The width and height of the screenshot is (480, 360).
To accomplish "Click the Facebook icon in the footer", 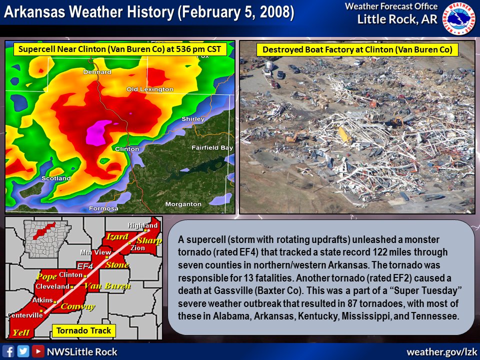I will pyautogui.click(x=8, y=351).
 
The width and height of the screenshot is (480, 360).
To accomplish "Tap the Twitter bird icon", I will pyautogui.click(x=23, y=351).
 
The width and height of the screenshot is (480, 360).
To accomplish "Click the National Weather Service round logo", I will pyautogui.click(x=460, y=18).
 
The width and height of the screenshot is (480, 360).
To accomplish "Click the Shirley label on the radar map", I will pyautogui.click(x=193, y=119).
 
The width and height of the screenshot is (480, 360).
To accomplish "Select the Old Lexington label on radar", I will pyautogui.click(x=149, y=89).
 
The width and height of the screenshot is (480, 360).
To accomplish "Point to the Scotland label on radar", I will pyautogui.click(x=56, y=178).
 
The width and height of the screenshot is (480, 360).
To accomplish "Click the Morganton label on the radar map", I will pyautogui.click(x=183, y=204).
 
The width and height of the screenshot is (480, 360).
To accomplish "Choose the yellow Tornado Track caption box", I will pyautogui.click(x=83, y=330).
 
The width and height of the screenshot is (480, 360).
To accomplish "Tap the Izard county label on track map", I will pyautogui.click(x=116, y=236).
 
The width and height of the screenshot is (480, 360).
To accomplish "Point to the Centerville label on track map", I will pyautogui.click(x=25, y=315).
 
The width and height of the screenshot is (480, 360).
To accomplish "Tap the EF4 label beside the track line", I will pyautogui.click(x=85, y=265).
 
